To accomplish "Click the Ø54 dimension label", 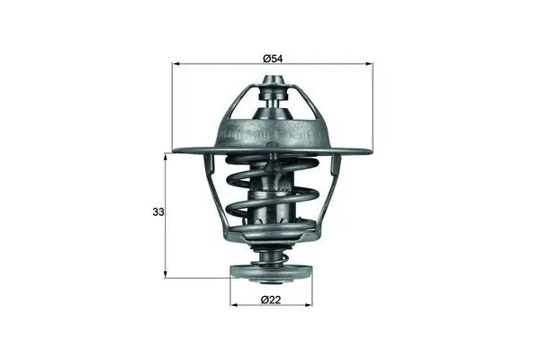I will tap(273, 58).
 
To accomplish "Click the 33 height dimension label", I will tap(158, 213).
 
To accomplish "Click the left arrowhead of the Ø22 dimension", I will tap(234, 304).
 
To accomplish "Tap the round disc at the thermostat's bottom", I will tap(272, 273).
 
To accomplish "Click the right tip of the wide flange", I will tap(371, 150).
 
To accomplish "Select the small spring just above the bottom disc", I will tap(272, 257).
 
